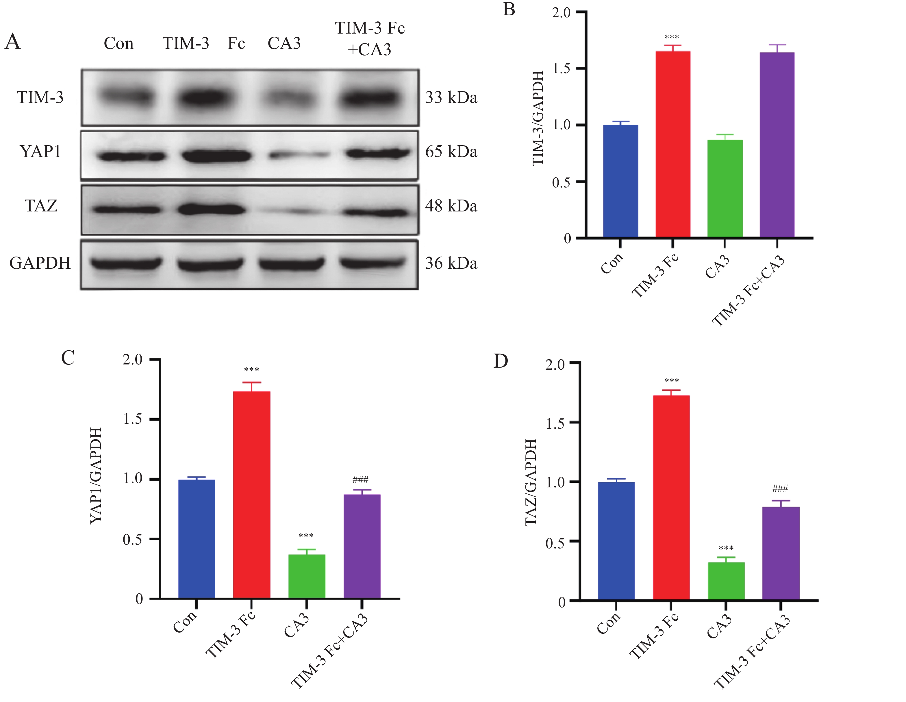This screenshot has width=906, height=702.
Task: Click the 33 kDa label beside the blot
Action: pyautogui.click(x=451, y=97)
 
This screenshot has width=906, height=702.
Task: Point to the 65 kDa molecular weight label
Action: pyautogui.click(x=451, y=152)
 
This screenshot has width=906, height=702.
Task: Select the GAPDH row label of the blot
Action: pyautogui.click(x=40, y=263)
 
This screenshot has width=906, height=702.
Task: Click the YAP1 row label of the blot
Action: pyautogui.click(x=40, y=152)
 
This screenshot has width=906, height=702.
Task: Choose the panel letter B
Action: pyautogui.click(x=509, y=9)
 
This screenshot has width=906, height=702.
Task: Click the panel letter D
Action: pyautogui.click(x=501, y=361)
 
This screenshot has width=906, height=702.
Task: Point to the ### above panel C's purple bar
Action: pyautogui.click(x=360, y=480)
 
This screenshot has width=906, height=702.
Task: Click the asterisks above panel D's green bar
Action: pyautogui.click(x=726, y=548)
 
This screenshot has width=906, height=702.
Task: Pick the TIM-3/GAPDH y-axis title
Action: pyautogui.click(x=538, y=118)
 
